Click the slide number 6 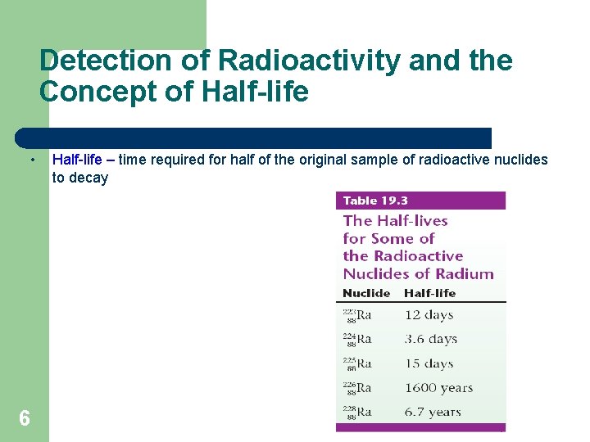coord(25,419)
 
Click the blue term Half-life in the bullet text coord(77,160)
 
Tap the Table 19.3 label coord(376,201)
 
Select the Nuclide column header coord(366,293)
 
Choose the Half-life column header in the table coord(429,293)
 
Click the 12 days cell coord(429,315)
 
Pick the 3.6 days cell coord(431,339)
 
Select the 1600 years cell coord(438,388)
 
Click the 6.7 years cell coord(433,413)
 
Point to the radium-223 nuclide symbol coord(357,316)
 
